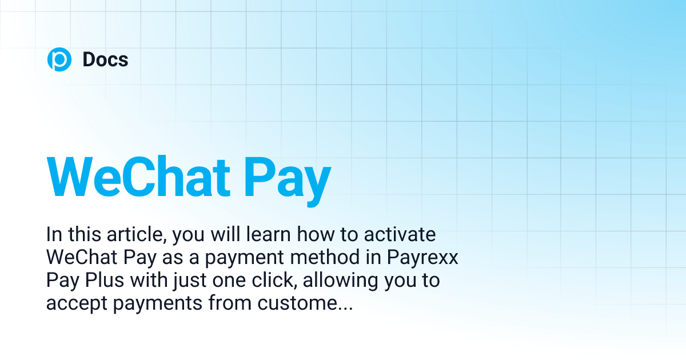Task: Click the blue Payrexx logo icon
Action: click(x=59, y=59)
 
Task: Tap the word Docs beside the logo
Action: click(x=105, y=59)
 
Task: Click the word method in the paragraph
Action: click(x=319, y=258)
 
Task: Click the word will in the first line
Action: click(x=214, y=235)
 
